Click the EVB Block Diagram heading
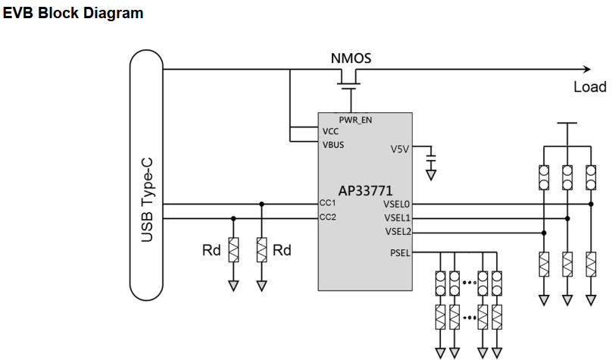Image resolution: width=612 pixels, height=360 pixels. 73,13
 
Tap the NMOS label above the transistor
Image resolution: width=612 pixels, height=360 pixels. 351,58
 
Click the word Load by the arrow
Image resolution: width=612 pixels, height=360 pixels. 589,86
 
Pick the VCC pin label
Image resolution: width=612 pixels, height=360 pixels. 330,131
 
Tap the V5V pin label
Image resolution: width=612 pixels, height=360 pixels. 399,149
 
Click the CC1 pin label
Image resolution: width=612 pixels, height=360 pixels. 328,203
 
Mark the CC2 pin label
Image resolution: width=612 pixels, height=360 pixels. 328,218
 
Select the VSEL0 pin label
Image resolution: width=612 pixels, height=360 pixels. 396,203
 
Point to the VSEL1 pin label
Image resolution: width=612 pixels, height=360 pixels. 396,218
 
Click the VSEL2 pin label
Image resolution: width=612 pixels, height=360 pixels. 396,231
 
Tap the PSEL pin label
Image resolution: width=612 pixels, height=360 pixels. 398,252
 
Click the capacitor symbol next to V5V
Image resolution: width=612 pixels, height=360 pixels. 431,160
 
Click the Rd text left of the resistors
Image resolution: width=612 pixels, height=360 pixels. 211,250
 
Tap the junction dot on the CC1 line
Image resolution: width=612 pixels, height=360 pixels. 261,203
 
